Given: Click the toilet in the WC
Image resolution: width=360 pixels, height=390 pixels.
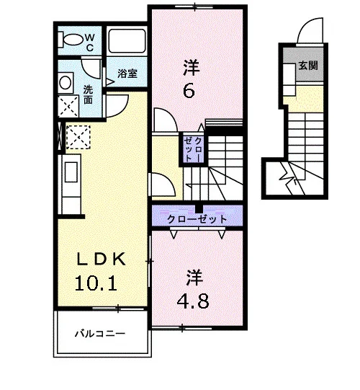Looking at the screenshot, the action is (x=71, y=40).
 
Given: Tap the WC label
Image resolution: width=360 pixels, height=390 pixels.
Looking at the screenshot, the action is (x=90, y=43).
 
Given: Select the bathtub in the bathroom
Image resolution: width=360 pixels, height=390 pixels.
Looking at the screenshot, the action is (x=127, y=41).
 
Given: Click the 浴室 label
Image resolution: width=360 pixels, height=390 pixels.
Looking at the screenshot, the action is (x=127, y=74).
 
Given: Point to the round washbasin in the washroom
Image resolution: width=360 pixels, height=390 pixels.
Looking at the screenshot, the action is (x=66, y=83).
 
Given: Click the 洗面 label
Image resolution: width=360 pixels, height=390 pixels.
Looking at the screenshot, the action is (x=88, y=94).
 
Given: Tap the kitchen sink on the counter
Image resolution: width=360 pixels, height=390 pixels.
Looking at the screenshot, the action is (x=71, y=172).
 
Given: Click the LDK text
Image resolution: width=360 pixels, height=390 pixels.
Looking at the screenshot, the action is (x=101, y=260).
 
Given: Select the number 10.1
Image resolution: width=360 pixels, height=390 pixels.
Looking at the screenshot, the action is (x=96, y=283).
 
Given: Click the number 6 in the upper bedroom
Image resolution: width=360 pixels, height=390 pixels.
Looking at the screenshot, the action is (x=189, y=91).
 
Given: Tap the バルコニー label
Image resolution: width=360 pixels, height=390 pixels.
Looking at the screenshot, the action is (x=100, y=334).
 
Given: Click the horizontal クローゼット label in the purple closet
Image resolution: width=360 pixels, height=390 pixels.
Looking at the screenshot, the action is (x=197, y=219).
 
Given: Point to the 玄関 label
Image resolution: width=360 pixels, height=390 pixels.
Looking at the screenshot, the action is (x=308, y=66).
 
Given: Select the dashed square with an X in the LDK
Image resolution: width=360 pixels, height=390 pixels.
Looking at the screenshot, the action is (x=78, y=137).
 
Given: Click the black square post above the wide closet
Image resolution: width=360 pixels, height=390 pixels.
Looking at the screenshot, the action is (x=199, y=209).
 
